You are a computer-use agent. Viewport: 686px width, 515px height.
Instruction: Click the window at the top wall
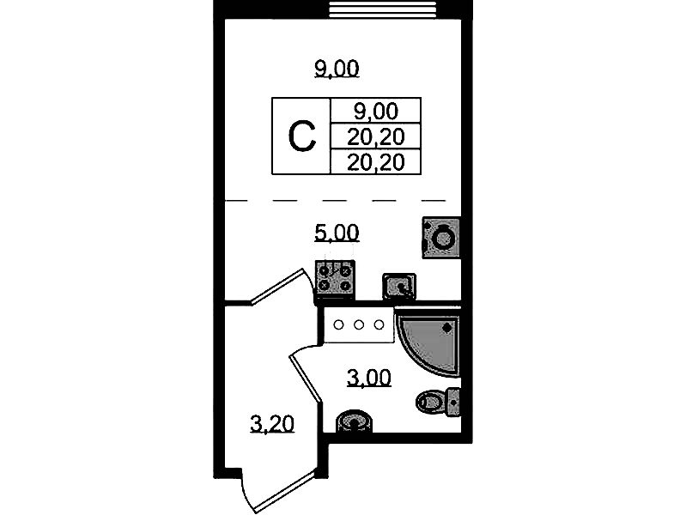[x=382, y=9]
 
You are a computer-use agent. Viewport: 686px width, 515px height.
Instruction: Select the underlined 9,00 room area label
[x=337, y=70]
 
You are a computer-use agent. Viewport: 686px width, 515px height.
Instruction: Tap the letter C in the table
[x=302, y=137]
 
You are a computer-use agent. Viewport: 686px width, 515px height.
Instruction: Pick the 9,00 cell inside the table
[x=376, y=111]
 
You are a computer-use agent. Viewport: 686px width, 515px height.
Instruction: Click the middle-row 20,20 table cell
[x=376, y=137]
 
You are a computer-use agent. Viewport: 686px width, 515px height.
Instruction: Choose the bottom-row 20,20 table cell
[x=376, y=162]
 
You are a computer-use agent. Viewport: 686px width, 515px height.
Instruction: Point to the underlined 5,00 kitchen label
[x=337, y=233]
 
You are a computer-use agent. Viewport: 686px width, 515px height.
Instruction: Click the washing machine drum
[x=443, y=239]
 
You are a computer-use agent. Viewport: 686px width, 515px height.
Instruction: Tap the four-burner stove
[x=335, y=279]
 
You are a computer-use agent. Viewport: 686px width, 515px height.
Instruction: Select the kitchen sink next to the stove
[x=399, y=287]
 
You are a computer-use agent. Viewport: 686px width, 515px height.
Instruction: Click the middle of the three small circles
[x=359, y=325]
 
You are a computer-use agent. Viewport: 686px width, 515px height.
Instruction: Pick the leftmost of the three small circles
[x=338, y=325]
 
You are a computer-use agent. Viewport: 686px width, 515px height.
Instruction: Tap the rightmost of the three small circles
[x=379, y=325]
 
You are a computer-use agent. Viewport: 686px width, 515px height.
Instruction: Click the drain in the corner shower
[x=447, y=327]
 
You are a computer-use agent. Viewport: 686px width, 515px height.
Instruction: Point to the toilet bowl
[x=430, y=401]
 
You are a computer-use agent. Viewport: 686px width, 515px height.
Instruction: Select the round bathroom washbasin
[x=354, y=421]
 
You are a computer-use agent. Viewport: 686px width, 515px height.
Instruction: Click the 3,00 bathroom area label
[x=369, y=378]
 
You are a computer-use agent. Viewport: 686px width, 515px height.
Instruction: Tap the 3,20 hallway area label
[x=272, y=424]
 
